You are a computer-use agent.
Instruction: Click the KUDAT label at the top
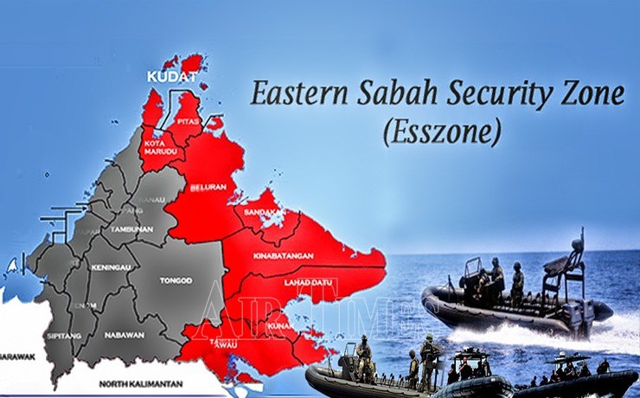point(171,79)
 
